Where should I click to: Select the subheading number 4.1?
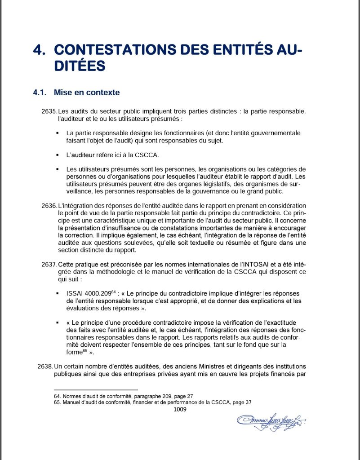[x=40, y=93]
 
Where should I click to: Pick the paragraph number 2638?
[x=46, y=366]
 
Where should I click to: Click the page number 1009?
[x=180, y=409]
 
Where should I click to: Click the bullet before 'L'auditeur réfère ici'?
[x=58, y=155]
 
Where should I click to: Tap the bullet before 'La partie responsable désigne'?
[x=58, y=133]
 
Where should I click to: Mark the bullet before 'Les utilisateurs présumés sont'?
[x=58, y=169]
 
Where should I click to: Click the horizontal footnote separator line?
[x=95, y=390]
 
